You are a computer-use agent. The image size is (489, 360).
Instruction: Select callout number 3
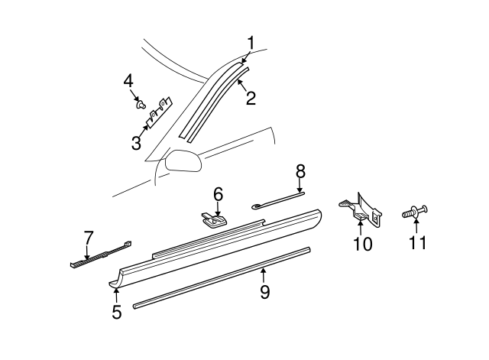coord(135,142)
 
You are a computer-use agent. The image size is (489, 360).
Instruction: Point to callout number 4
coord(128,80)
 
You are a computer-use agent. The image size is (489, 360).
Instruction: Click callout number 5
coord(116,312)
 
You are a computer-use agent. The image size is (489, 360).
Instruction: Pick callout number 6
coord(218,195)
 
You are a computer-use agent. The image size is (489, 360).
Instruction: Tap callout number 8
coord(300,171)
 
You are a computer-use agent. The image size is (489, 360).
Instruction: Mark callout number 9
coord(264,291)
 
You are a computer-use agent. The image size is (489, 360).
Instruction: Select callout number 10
coord(362,244)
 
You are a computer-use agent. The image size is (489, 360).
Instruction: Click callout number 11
coord(416,243)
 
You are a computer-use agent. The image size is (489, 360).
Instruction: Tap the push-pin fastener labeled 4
coord(142,103)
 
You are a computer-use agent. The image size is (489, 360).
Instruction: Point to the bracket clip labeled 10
coord(363,209)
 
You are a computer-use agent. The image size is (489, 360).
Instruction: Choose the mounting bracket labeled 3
coord(158,114)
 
